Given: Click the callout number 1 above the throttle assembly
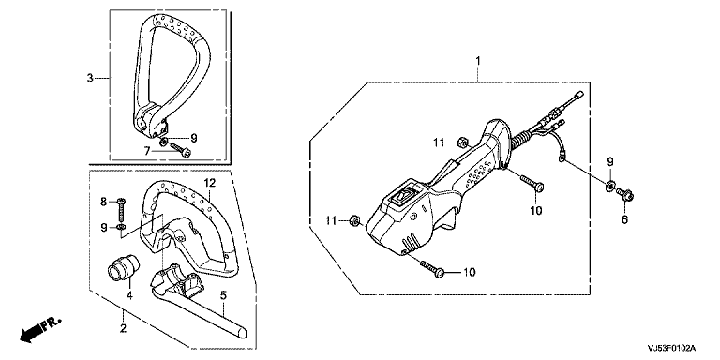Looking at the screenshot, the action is coord(477,61).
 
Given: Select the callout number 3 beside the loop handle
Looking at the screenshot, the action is coord(90,78).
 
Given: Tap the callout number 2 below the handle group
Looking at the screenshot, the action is coord(123,328).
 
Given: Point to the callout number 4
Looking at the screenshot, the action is coord(129,295).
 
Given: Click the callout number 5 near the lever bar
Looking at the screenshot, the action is coord(223,295).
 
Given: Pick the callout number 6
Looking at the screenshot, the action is coord(624,220).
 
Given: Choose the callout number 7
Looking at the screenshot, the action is coord(147,151).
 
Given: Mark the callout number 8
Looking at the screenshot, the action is coord(104,202).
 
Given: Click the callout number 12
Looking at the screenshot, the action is coord(210,183).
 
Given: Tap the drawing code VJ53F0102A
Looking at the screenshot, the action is coord(672,348).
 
